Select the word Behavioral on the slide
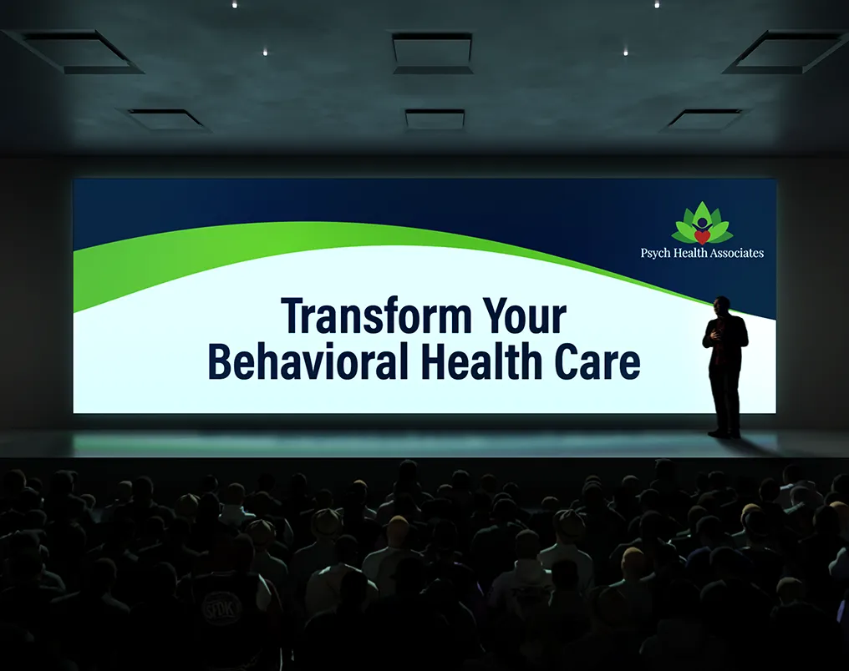(308, 361)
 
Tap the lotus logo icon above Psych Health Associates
(702, 223)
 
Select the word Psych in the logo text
(655, 253)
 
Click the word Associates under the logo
(737, 253)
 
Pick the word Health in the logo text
(690, 253)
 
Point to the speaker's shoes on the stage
(724, 433)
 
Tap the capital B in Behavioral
(219, 361)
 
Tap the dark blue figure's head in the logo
(702, 222)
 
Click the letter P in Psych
(644, 253)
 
